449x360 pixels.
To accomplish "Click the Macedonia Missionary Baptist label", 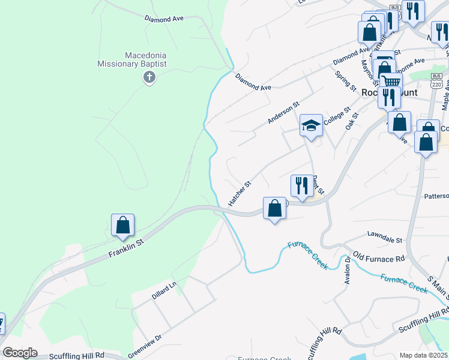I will click(x=133, y=59).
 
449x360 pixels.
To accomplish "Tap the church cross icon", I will click(x=149, y=77).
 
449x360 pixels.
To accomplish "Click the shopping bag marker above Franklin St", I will click(x=122, y=226).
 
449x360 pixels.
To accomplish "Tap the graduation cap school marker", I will click(x=311, y=126).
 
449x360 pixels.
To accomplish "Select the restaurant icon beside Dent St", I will click(x=301, y=186).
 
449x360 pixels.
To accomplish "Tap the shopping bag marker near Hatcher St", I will click(x=274, y=209).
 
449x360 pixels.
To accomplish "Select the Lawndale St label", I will click(x=384, y=239).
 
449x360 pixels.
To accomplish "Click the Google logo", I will click(x=20, y=353).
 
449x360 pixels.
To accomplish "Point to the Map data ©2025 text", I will click(x=424, y=355).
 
